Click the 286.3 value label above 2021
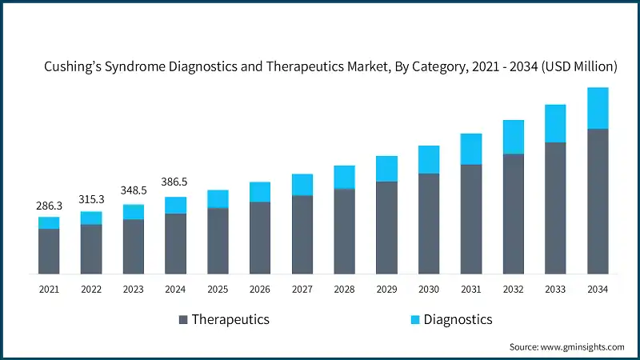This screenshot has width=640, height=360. point(49,206)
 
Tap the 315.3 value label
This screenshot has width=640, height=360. point(91,199)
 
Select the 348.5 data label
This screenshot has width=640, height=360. point(134,190)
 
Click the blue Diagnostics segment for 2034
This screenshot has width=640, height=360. point(598,108)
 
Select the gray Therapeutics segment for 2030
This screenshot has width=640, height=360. point(429,223)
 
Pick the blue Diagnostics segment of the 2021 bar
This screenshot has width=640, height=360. point(49,223)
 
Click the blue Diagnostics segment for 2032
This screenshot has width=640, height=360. point(513,137)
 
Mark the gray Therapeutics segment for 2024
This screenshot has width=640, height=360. point(176,243)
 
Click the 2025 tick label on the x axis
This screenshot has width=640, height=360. point(218,289)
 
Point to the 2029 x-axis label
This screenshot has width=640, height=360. point(386,289)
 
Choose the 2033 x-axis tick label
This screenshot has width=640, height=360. point(555,289)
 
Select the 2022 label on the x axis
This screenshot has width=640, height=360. point(91,289)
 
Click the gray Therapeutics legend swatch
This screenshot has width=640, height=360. point(183,320)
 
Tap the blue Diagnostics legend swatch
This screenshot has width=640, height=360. point(415,320)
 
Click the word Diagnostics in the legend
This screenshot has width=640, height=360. point(458,320)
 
